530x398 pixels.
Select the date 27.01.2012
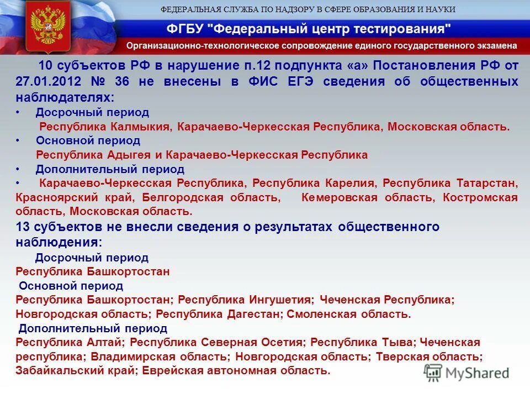(49, 82)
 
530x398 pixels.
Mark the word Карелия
(348, 183)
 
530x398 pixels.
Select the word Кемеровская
(340, 197)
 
